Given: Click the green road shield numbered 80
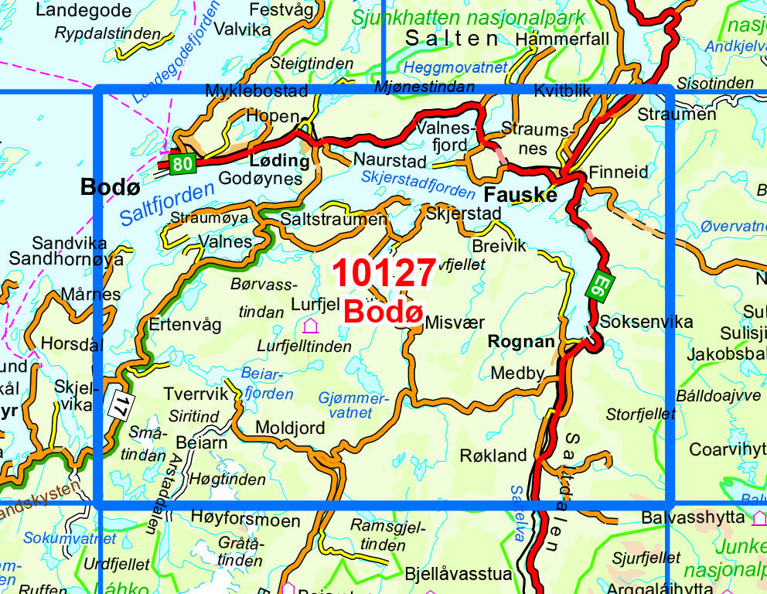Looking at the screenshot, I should (182, 163).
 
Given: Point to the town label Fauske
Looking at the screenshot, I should (520, 195).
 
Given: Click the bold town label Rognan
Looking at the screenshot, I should (521, 342).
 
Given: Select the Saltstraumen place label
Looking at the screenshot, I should (333, 220).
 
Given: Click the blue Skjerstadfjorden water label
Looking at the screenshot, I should (418, 183).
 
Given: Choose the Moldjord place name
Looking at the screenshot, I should (290, 428).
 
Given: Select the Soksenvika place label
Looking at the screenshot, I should (646, 322).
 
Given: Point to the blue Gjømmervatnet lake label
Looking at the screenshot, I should (352, 405).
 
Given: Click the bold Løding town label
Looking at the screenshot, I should (279, 161).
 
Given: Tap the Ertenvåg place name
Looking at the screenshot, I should (185, 326).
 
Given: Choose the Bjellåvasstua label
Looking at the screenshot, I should (458, 574).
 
